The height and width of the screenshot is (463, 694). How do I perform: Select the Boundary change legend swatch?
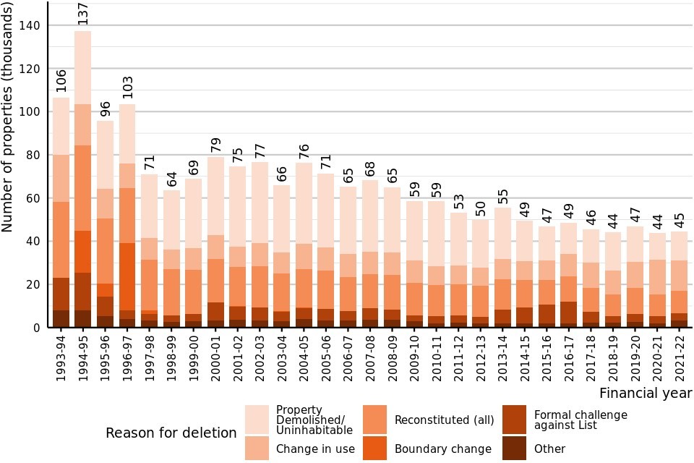coord(377,449)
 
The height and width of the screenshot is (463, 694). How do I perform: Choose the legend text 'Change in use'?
coord(315,449)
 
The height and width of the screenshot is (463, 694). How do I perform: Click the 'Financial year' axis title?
coord(646,394)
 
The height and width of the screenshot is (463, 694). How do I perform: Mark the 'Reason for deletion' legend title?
coord(171,433)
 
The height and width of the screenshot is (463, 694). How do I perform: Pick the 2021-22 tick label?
coord(680,356)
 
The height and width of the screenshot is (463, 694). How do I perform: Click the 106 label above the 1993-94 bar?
coord(61,81)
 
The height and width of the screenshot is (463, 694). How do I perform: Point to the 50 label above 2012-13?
coord(479,207)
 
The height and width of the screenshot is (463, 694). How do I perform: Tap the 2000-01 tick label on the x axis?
coord(215,356)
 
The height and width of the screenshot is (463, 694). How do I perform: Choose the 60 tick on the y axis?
coord(33,198)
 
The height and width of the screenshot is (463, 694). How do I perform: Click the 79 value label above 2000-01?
coord(215,145)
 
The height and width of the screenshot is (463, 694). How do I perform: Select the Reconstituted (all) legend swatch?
coord(377,420)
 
